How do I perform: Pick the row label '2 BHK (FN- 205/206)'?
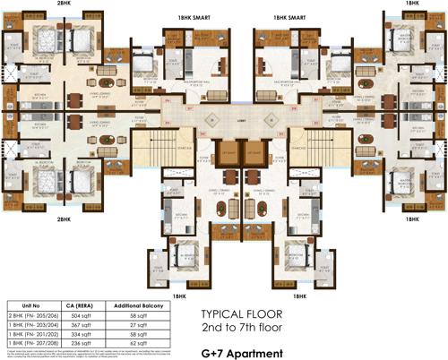34,316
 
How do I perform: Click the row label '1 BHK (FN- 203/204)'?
34,324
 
